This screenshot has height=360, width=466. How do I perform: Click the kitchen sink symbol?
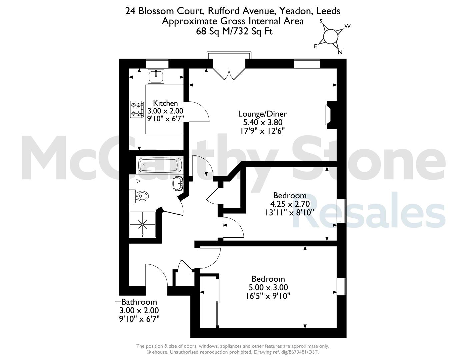click(x=156, y=76)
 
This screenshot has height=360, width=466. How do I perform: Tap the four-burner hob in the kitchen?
click(x=137, y=109)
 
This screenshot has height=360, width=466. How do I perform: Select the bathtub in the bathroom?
click(x=160, y=165)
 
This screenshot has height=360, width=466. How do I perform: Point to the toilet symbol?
click(x=139, y=196)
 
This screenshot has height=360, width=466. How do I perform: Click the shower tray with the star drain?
click(x=143, y=224)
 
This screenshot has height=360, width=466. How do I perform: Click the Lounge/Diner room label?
click(x=262, y=114)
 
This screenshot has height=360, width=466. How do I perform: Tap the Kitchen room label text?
click(x=165, y=103)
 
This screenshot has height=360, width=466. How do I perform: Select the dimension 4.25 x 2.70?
click(x=290, y=204)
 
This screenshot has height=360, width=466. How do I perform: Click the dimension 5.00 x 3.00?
click(x=268, y=287)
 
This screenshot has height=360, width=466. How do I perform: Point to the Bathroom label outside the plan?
click(x=139, y=302)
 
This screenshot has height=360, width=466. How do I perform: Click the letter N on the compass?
click(x=340, y=52)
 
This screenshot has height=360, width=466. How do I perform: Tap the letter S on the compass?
click(x=321, y=21)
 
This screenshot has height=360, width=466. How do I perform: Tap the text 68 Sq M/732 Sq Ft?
click(x=234, y=32)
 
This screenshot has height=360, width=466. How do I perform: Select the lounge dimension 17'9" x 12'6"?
click(x=262, y=131)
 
